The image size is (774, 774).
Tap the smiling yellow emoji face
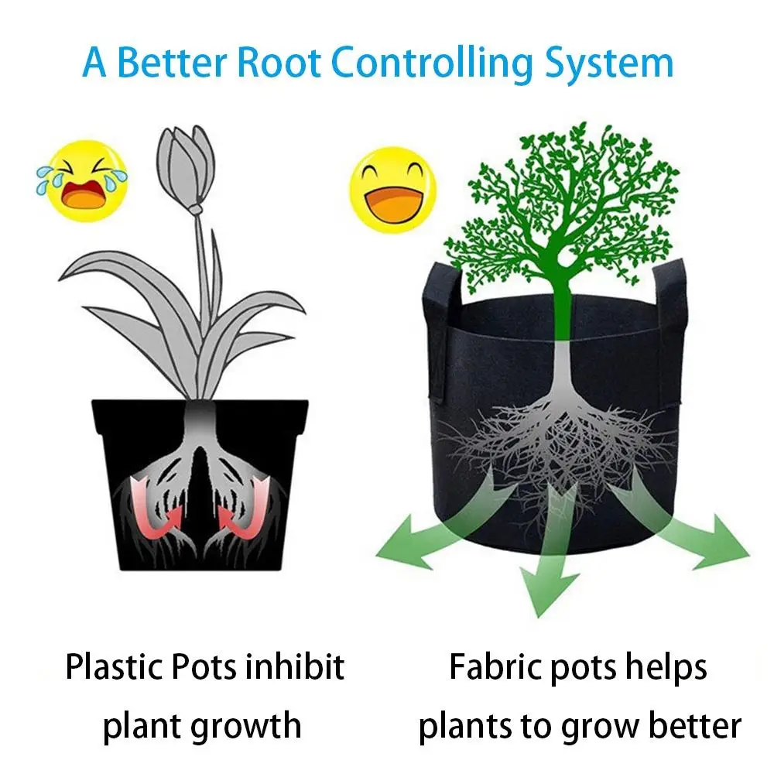coord(393,187)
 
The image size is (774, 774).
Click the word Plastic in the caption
coord(112,667)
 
